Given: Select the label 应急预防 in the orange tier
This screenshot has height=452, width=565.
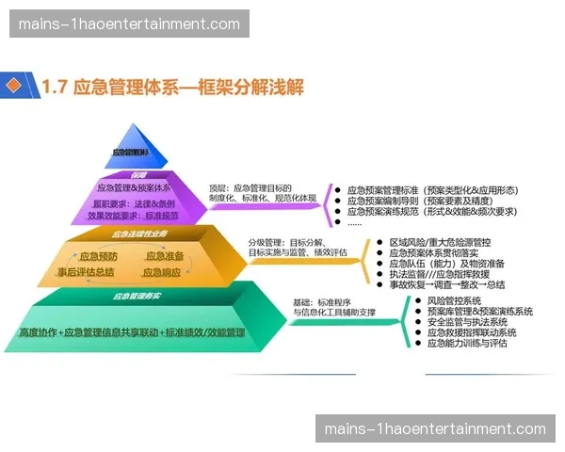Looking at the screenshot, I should pyautogui.click(x=98, y=256).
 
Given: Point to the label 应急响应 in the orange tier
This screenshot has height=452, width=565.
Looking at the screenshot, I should pyautogui.click(x=163, y=272).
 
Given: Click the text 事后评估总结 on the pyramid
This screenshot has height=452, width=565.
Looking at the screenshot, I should pyautogui.click(x=86, y=272).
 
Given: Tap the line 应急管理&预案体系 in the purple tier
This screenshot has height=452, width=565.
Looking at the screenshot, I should pyautogui.click(x=134, y=188).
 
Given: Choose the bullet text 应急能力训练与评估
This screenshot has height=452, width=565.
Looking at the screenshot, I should pyautogui.click(x=466, y=343).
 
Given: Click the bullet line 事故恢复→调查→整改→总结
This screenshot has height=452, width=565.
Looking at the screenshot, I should pyautogui.click(x=446, y=283).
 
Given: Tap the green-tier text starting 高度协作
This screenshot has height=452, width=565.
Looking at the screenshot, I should pyautogui.click(x=131, y=332).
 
